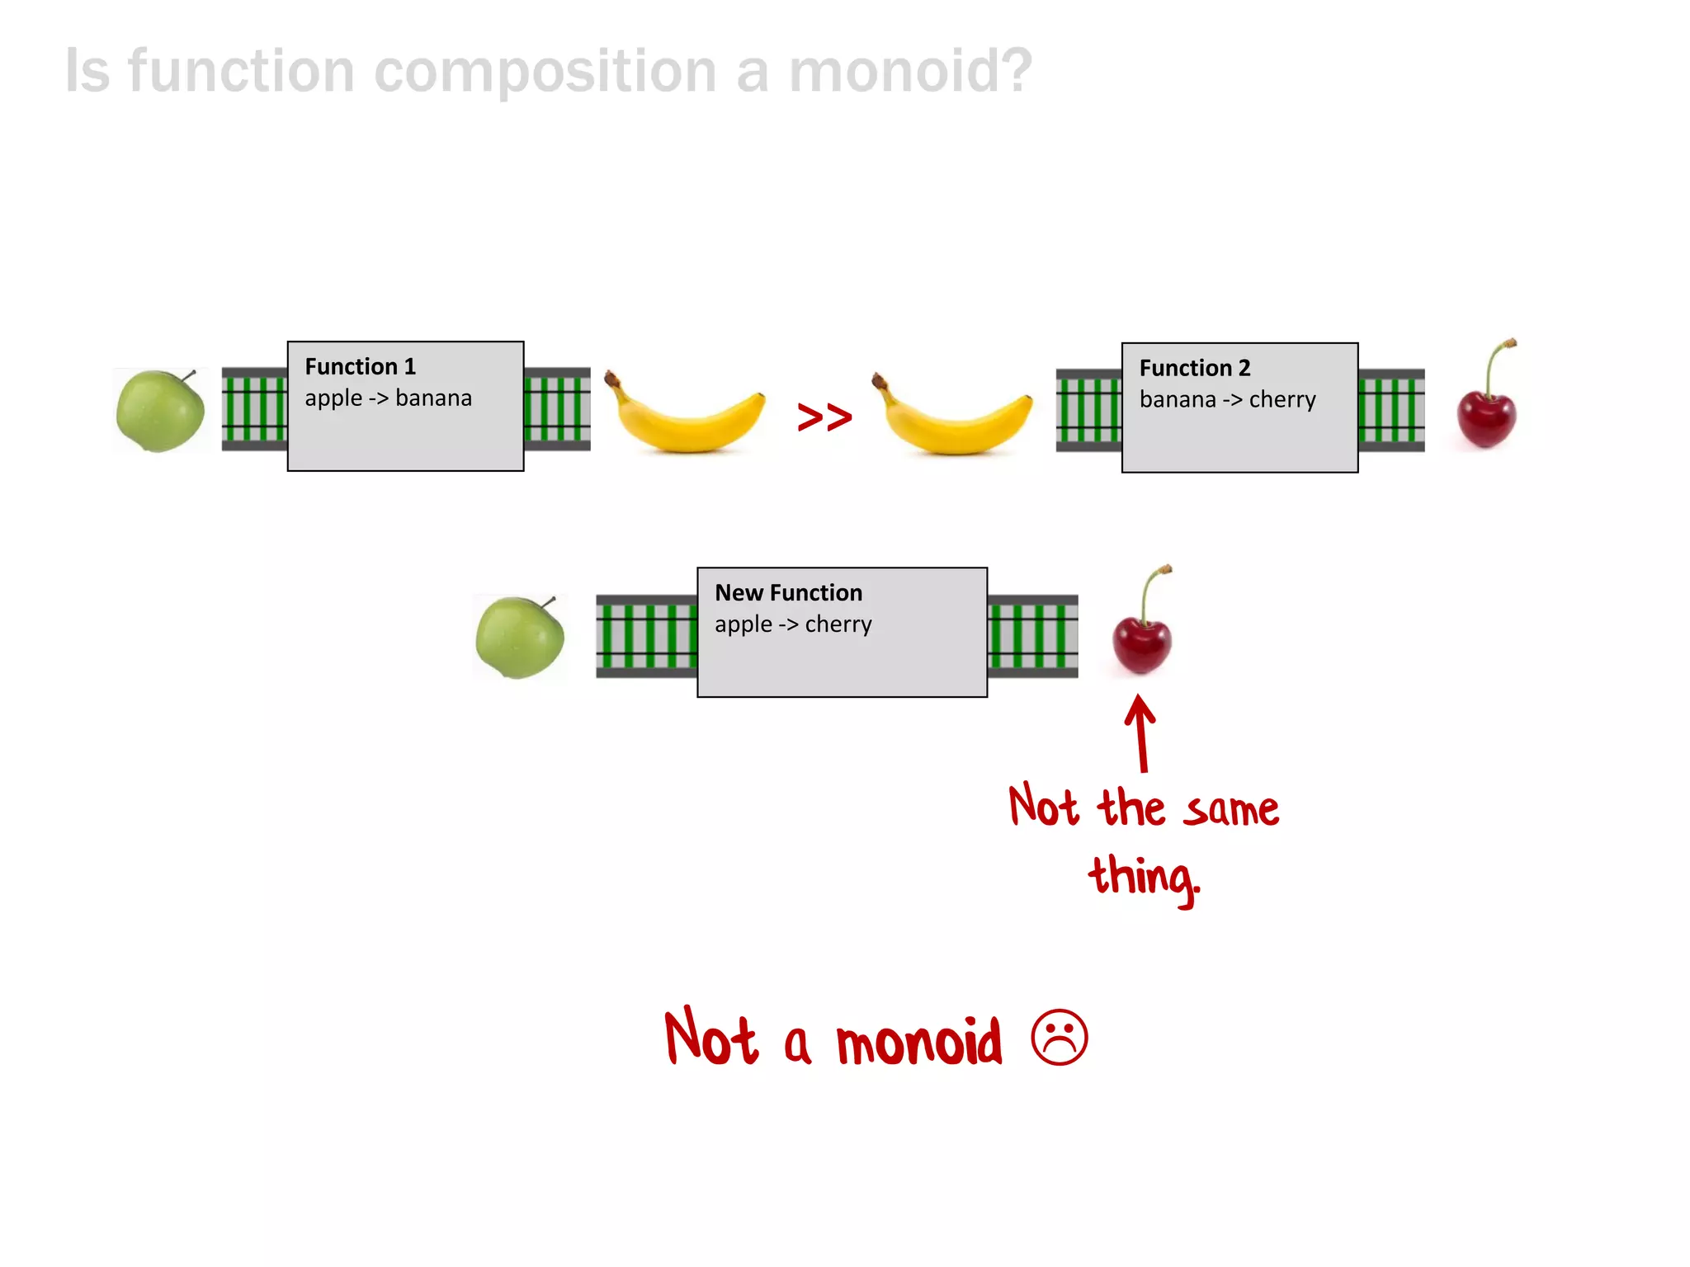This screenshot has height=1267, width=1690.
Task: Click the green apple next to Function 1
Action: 161,411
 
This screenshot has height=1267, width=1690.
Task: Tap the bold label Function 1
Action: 360,366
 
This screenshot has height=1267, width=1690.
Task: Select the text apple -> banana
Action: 388,398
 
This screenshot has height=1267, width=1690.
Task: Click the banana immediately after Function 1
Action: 685,417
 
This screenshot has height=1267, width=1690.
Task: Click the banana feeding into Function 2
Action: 953,417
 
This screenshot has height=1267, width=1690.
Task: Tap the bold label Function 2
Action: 1194,368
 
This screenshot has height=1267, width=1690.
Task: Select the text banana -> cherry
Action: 1227,400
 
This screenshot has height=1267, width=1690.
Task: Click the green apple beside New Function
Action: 520,638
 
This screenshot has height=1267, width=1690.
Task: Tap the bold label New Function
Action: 788,593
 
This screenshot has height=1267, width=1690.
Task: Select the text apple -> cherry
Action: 793,624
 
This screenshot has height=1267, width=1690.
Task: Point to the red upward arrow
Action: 1141,732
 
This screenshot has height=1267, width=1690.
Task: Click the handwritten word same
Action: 1232,810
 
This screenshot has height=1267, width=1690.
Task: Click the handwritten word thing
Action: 1143,878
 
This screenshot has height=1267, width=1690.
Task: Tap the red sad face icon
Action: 1060,1038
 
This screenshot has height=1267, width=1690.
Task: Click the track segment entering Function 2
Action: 1088,410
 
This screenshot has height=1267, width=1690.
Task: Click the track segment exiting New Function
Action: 1032,636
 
